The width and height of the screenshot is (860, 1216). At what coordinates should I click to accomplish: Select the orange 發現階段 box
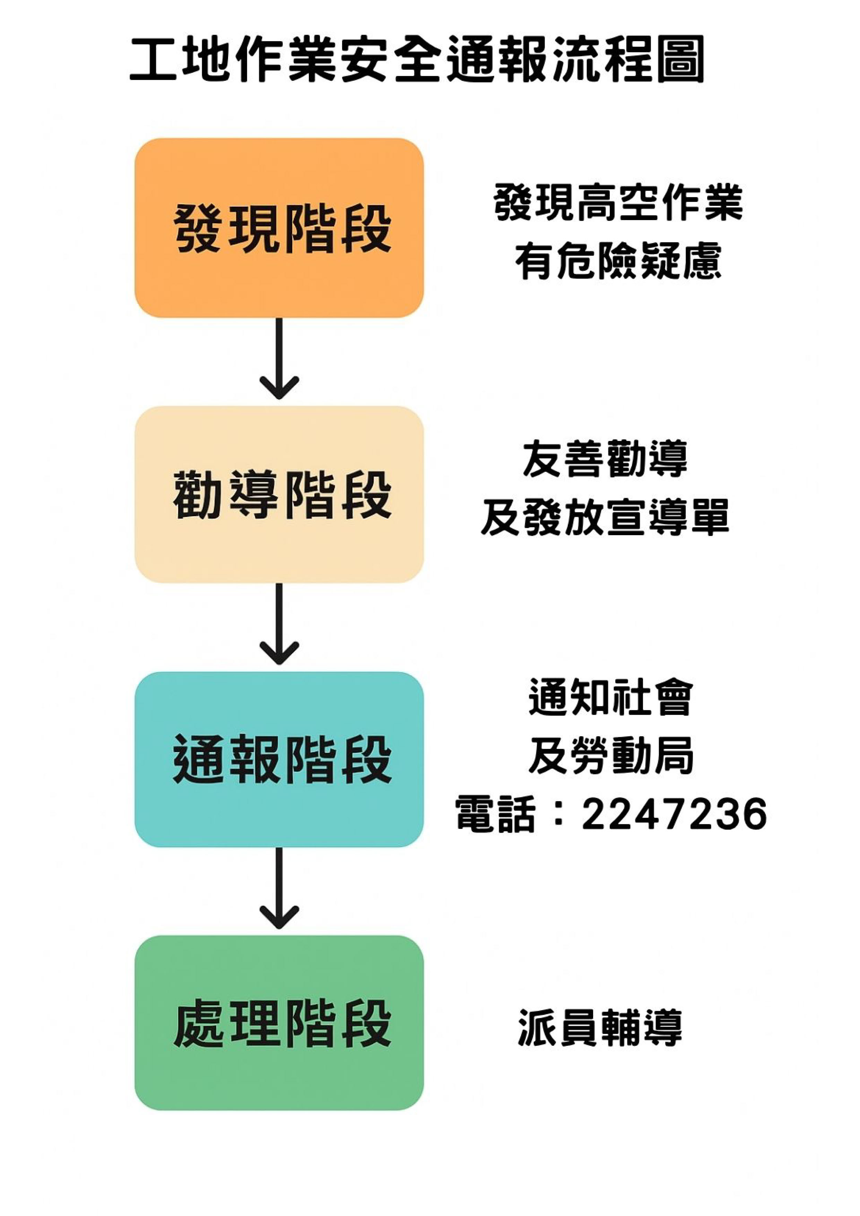pos(279,228)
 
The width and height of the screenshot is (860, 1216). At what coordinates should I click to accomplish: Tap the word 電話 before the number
pos(495,814)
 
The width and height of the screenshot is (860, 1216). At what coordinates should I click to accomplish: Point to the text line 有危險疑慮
pos(618,261)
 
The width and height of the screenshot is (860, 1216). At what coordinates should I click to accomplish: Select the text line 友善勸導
pos(605,459)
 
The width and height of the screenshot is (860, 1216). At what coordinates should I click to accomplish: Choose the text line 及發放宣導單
pos(605,517)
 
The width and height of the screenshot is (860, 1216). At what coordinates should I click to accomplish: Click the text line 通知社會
pos(610,697)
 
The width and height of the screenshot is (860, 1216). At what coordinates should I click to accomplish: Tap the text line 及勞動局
pos(610,756)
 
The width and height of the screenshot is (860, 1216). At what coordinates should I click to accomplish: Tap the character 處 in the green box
pos(199,1024)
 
